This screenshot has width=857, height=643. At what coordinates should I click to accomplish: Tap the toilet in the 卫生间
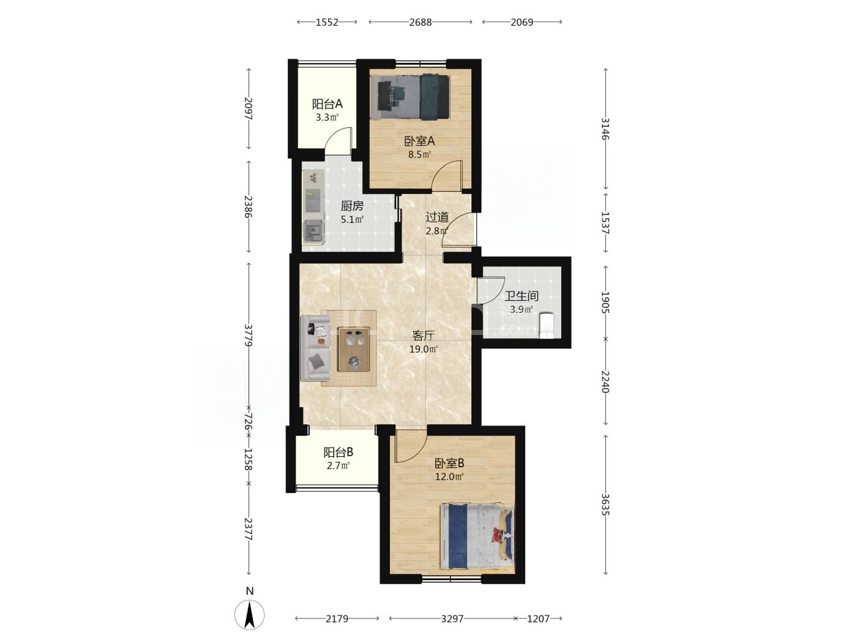tap(547, 326)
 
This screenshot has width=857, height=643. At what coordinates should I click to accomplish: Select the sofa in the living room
tap(315, 348)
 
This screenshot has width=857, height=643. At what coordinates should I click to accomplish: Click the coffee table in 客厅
tap(354, 350)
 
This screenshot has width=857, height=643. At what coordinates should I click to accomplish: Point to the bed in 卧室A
tap(410, 97)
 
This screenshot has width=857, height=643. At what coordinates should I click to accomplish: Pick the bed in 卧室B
tap(477, 536)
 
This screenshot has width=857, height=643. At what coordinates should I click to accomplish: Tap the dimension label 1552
tap(327, 22)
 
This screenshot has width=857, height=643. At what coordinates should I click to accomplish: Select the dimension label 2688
tap(421, 22)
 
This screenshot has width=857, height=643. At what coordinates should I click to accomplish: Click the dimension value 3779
tap(249, 335)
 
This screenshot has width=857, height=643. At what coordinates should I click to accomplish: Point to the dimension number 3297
tap(452, 619)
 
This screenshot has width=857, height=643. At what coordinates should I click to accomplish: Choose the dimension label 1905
tap(605, 303)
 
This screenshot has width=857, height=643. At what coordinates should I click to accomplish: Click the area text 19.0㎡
tap(423, 349)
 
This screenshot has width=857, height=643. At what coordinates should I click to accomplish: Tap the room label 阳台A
tap(327, 104)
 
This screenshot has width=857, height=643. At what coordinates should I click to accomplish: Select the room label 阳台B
tap(338, 452)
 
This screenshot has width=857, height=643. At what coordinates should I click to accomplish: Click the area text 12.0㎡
tap(449, 476)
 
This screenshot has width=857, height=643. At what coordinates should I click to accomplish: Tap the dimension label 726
tap(249, 423)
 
